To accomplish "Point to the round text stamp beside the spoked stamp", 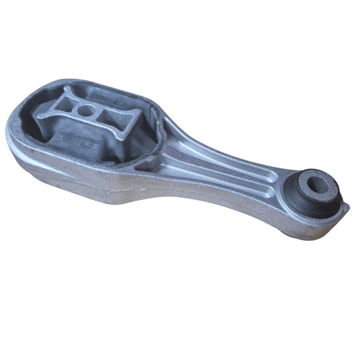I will pos(69,138).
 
